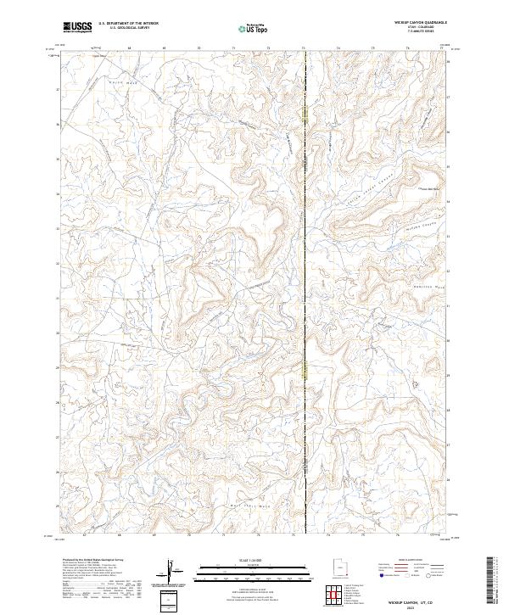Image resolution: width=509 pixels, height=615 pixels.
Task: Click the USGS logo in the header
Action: [77, 28]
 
